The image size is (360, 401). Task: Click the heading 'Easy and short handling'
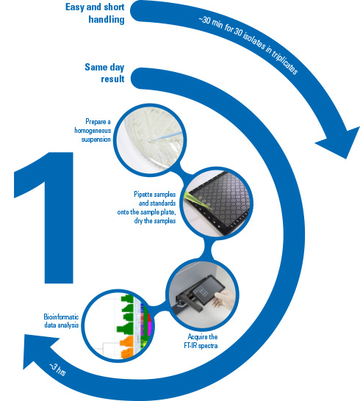click(x=95, y=13)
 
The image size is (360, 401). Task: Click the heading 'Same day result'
click(x=104, y=73)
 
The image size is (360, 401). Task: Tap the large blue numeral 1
click(x=44, y=217)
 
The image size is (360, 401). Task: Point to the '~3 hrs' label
click(x=57, y=369)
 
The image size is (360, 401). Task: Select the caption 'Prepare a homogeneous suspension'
click(x=93, y=130)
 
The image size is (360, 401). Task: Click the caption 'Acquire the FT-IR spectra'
click(x=201, y=341)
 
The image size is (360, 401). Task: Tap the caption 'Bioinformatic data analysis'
click(x=61, y=321)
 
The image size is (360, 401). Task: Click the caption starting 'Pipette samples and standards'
click(x=147, y=207)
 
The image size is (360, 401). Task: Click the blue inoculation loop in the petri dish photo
click(x=166, y=137)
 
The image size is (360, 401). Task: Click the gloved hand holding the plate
click(x=224, y=298)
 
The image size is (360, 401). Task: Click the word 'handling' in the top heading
click(x=107, y=19)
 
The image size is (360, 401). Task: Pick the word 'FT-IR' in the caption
click(x=190, y=345)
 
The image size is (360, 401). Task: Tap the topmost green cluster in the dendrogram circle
click(x=127, y=298)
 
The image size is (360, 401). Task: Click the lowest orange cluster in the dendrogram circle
click(x=127, y=353)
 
